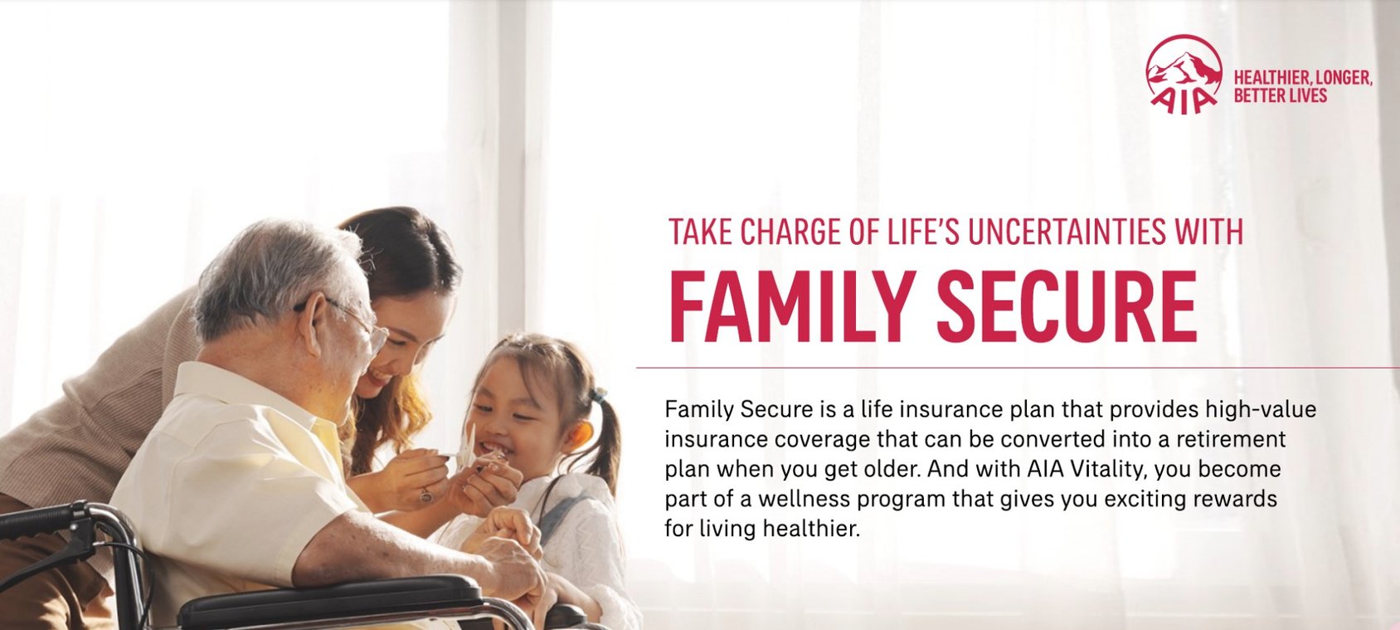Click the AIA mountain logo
pos(1184,73)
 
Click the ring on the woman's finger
pos(426,496)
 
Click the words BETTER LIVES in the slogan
pos(1280,96)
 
